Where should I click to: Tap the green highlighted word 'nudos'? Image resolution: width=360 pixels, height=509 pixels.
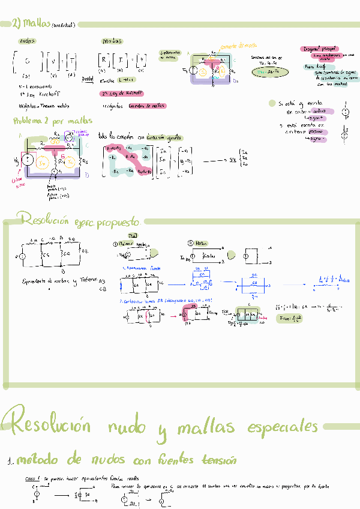pyautogui.click(x=27, y=41)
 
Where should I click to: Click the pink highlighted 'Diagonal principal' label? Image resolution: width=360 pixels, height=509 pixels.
pyautogui.click(x=321, y=49)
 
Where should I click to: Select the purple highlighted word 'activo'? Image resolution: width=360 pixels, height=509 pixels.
pyautogui.click(x=319, y=111)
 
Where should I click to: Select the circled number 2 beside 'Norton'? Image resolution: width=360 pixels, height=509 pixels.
pyautogui.click(x=190, y=243)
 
